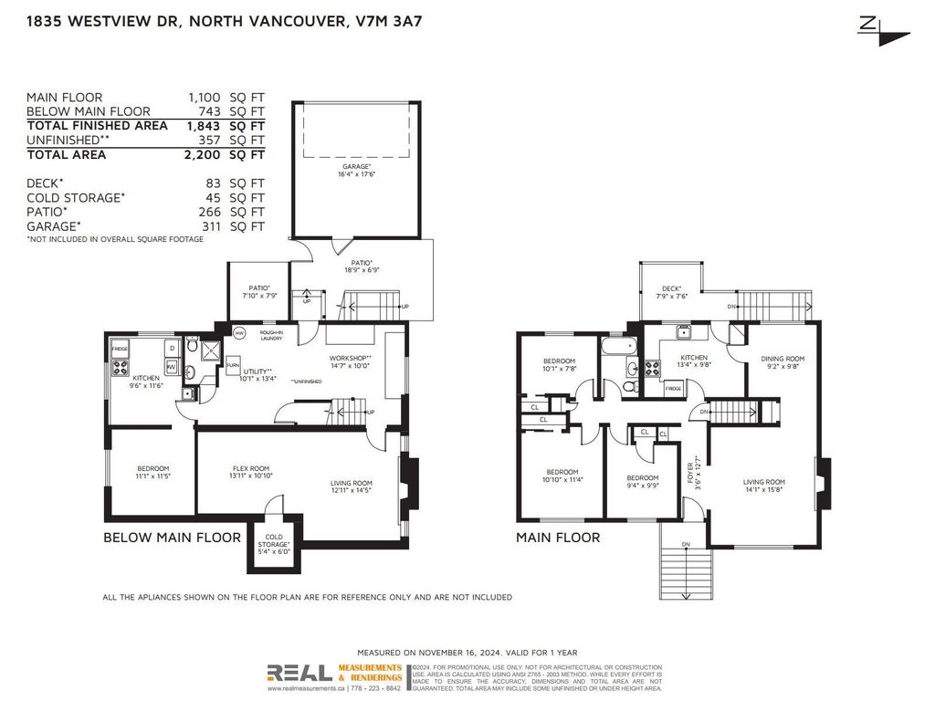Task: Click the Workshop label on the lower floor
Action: click(349, 361)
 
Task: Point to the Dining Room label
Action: click(783, 361)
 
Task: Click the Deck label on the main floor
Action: click(671, 291)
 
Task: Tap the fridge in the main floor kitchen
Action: click(672, 389)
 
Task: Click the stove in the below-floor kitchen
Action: click(120, 368)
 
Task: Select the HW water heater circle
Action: click(239, 333)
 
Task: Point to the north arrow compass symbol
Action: click(883, 29)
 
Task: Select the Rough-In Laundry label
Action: click(272, 336)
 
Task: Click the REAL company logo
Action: click(299, 673)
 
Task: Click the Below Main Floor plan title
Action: click(172, 538)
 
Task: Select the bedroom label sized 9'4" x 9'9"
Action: click(642, 481)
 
